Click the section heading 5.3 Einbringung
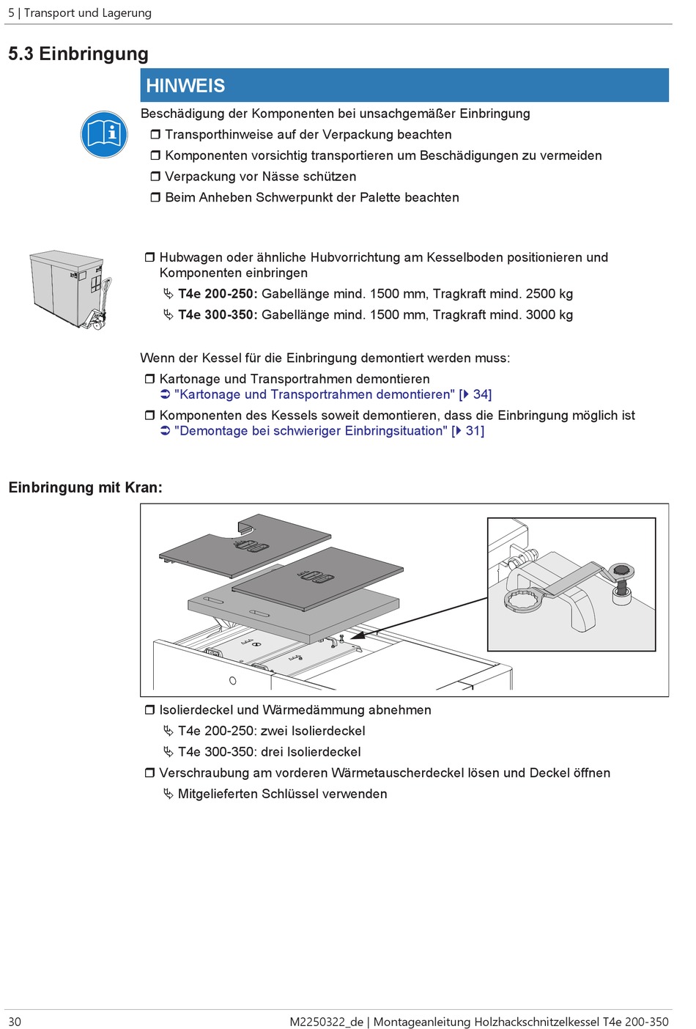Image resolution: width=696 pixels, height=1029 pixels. (x=78, y=54)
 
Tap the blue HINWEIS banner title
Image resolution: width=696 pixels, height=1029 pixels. (x=185, y=86)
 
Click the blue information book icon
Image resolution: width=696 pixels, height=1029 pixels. (x=105, y=134)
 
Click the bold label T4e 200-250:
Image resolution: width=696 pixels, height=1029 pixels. (x=218, y=294)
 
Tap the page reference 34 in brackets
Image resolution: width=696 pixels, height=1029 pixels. (x=481, y=394)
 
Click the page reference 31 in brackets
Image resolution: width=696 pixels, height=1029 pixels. (x=474, y=431)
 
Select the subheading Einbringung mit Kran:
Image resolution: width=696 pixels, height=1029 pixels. (x=85, y=487)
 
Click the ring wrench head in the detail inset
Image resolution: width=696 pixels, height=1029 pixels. (x=524, y=600)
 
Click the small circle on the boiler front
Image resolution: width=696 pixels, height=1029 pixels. (x=233, y=681)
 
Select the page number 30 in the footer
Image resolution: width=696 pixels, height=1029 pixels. (x=15, y=1022)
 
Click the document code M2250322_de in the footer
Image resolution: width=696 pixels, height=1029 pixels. (x=326, y=1022)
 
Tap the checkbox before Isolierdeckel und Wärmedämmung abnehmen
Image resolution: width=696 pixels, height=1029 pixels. (x=149, y=710)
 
